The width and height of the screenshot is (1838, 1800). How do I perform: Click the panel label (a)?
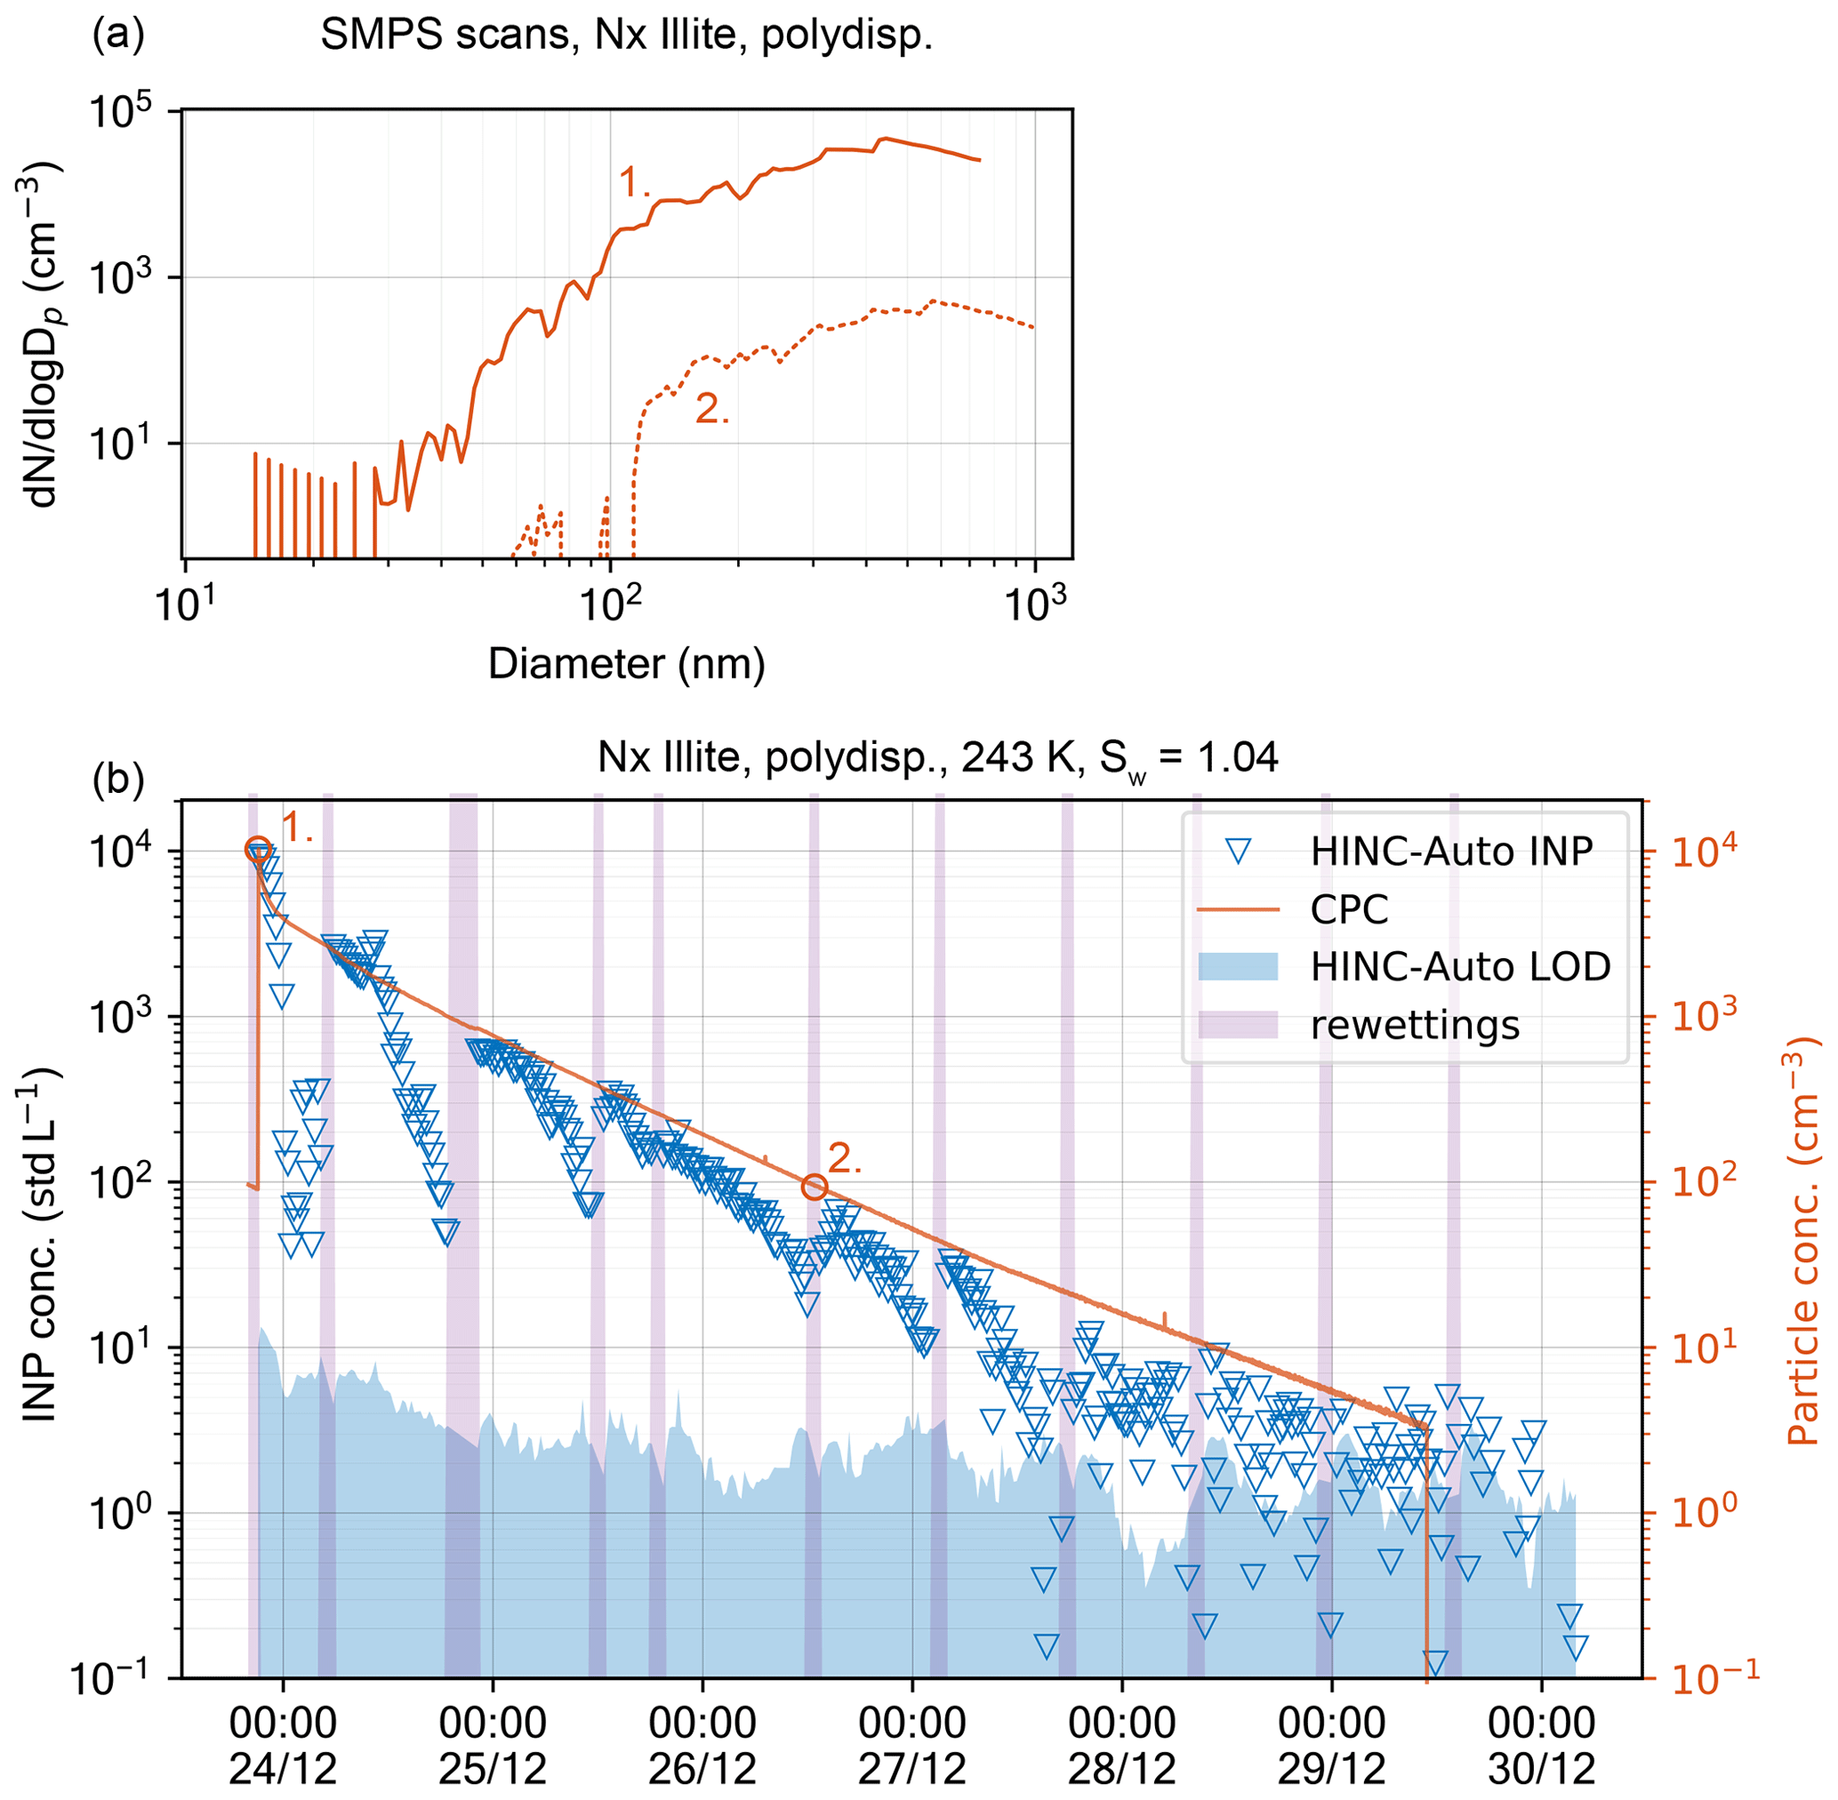(x=117, y=35)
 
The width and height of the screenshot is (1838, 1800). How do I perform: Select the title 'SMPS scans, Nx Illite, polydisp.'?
(x=626, y=36)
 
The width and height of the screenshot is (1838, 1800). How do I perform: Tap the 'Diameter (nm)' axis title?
(x=626, y=664)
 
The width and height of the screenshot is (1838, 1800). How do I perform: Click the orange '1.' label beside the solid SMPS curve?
(x=634, y=181)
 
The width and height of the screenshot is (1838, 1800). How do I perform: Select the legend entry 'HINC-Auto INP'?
(x=1450, y=852)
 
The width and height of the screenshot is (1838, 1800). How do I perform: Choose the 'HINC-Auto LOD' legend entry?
(x=1460, y=966)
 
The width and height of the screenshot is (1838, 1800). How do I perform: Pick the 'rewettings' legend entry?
(x=1415, y=1024)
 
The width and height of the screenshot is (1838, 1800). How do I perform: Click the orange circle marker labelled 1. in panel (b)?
(x=257, y=850)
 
